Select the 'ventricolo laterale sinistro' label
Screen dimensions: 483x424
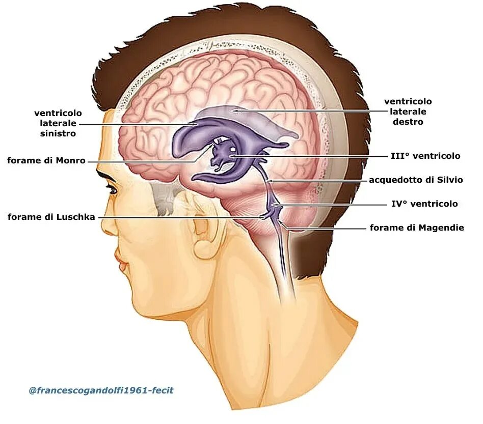pyautogui.click(x=58, y=123)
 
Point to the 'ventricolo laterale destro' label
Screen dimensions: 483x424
pyautogui.click(x=408, y=111)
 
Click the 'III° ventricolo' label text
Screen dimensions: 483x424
pyautogui.click(x=425, y=156)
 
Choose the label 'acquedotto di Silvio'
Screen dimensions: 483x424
pyautogui.click(x=416, y=180)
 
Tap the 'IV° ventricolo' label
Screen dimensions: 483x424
pyautogui.click(x=424, y=204)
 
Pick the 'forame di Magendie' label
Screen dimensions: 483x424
pyautogui.click(x=417, y=228)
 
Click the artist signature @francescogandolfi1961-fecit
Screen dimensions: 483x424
pyautogui.click(x=101, y=390)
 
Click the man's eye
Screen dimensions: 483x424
pyautogui.click(x=112, y=190)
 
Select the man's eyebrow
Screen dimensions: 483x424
pyautogui.click(x=107, y=176)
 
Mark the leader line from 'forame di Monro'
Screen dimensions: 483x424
pyautogui.click(x=143, y=161)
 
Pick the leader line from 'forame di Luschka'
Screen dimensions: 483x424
pyautogui.click(x=178, y=217)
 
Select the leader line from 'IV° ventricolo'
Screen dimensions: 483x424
pyautogui.click(x=331, y=204)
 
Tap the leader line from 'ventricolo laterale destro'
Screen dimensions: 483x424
pyautogui.click(x=306, y=111)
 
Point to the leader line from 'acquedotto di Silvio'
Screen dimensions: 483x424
pyautogui.click(x=316, y=180)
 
